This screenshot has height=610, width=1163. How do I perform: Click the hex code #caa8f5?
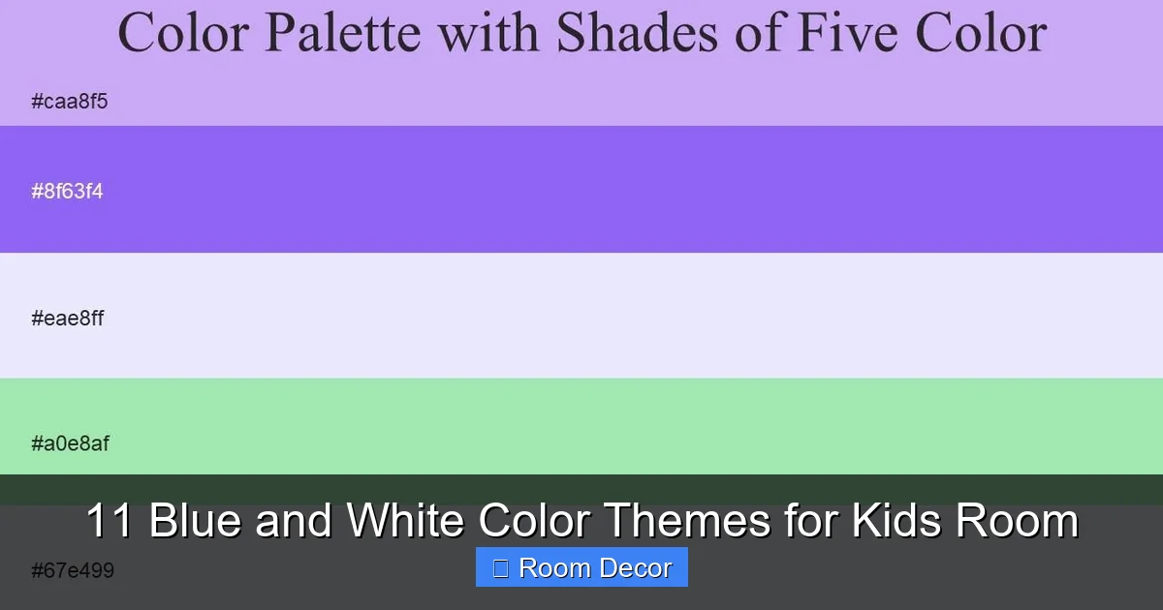click(69, 102)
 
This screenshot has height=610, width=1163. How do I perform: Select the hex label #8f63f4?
click(67, 192)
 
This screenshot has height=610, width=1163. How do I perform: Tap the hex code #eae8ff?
click(67, 318)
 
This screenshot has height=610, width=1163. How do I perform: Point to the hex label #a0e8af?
click(70, 444)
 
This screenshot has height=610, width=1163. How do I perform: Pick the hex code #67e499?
click(73, 570)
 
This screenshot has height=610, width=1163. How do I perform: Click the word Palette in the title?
click(343, 33)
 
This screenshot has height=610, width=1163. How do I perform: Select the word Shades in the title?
click(638, 33)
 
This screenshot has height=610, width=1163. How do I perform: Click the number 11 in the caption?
click(110, 521)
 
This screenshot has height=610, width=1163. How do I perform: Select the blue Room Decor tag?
click(581, 567)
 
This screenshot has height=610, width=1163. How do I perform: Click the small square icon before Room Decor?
click(500, 568)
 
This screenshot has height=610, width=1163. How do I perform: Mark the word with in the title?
click(488, 33)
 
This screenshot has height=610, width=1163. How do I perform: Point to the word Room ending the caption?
click(1017, 521)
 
